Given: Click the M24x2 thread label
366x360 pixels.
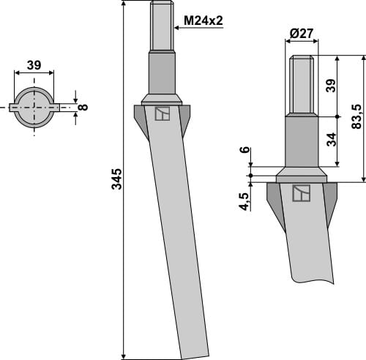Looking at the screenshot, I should (x=203, y=22).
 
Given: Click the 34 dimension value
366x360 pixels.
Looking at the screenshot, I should (x=331, y=139).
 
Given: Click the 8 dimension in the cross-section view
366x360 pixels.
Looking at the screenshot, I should (x=83, y=107).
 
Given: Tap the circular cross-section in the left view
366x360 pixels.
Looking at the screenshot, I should (x=34, y=107).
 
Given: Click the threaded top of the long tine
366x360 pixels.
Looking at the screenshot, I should (x=163, y=26).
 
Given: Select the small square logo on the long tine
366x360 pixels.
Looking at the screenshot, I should (x=162, y=113).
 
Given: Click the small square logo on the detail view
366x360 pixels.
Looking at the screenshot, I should (x=301, y=193).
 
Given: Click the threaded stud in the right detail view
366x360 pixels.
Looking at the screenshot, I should (x=302, y=84).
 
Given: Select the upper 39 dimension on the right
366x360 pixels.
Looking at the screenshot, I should (x=331, y=86).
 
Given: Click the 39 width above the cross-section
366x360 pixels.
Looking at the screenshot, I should (x=34, y=66).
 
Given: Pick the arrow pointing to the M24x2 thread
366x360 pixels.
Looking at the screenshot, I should (x=177, y=29).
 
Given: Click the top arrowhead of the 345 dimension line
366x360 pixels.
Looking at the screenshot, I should (x=125, y=5).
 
